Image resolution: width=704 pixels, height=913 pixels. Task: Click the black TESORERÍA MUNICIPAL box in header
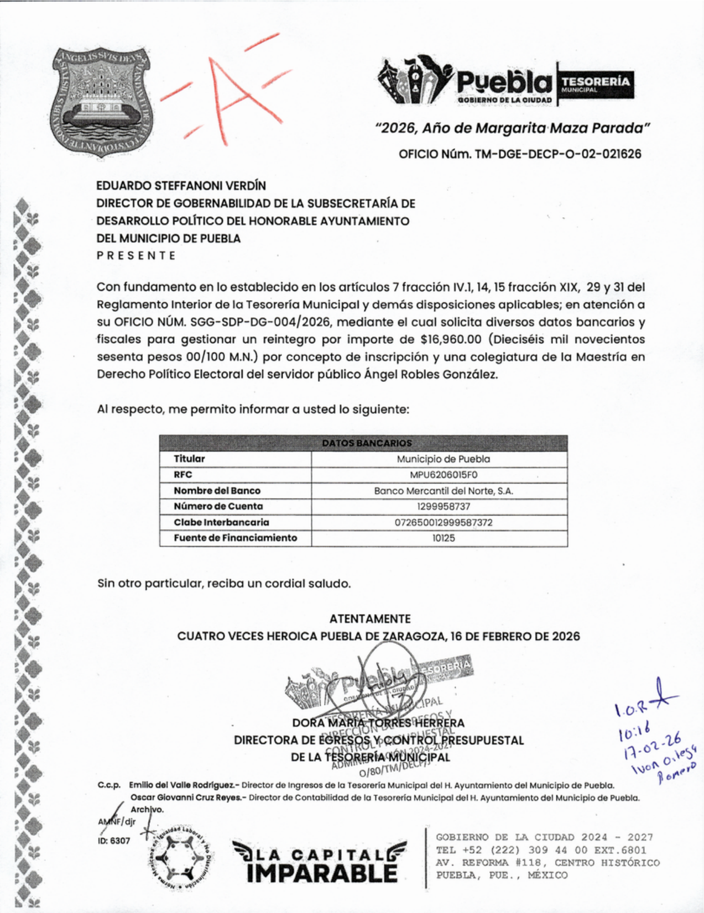pyautogui.click(x=596, y=84)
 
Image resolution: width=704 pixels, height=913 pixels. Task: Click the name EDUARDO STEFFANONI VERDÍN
pyautogui.click(x=181, y=186)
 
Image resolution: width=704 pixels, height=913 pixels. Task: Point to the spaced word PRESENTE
pyautogui.click(x=136, y=256)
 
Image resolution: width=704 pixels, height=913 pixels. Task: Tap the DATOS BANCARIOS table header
pyautogui.click(x=367, y=443)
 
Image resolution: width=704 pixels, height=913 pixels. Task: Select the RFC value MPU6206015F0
pyautogui.click(x=444, y=475)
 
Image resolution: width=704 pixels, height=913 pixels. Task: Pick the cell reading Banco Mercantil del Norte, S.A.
pyautogui.click(x=444, y=491)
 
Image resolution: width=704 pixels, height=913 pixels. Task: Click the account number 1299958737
pyautogui.click(x=444, y=506)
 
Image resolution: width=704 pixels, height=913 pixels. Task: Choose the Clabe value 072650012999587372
pyautogui.click(x=444, y=522)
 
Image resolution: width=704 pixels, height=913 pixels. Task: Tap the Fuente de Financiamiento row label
pyautogui.click(x=235, y=538)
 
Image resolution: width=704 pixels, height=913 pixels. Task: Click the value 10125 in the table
pyautogui.click(x=444, y=538)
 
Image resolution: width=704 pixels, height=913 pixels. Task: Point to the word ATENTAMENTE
pyautogui.click(x=370, y=619)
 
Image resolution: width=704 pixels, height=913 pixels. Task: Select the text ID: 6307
pyautogui.click(x=114, y=841)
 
